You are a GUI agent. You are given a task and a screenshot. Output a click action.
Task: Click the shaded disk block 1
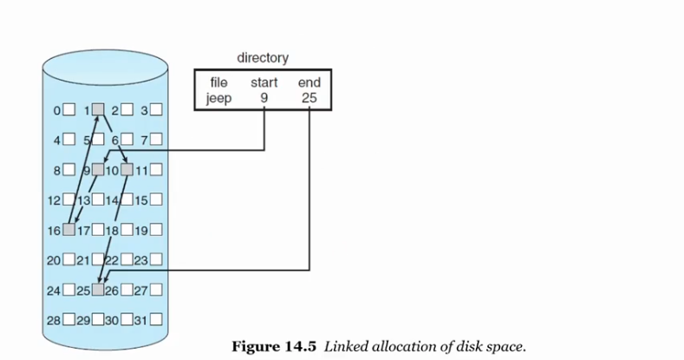pyautogui.click(x=98, y=109)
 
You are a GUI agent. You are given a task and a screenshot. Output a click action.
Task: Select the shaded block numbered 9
pyautogui.click(x=98, y=169)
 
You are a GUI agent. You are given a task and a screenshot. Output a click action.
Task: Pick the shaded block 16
pyautogui.click(x=68, y=230)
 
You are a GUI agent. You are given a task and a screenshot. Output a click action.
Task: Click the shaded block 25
pyautogui.click(x=98, y=290)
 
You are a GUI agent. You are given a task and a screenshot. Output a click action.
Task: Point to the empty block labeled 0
pyautogui.click(x=68, y=109)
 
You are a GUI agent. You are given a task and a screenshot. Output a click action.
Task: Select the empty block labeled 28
pyautogui.click(x=68, y=320)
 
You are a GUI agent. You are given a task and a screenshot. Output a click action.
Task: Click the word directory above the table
pyautogui.click(x=262, y=58)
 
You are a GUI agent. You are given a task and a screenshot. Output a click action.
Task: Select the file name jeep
pyautogui.click(x=218, y=98)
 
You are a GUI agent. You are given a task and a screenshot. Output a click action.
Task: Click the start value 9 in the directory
pyautogui.click(x=264, y=98)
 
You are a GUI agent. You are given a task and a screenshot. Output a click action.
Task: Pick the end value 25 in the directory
pyautogui.click(x=309, y=98)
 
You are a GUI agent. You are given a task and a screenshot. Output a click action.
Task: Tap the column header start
pyautogui.click(x=264, y=83)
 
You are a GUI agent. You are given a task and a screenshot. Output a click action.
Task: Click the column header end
pyautogui.click(x=309, y=83)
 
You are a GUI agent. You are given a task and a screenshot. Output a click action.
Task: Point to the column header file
pyautogui.click(x=218, y=83)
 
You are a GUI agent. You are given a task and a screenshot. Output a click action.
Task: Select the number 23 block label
pyautogui.click(x=140, y=260)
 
